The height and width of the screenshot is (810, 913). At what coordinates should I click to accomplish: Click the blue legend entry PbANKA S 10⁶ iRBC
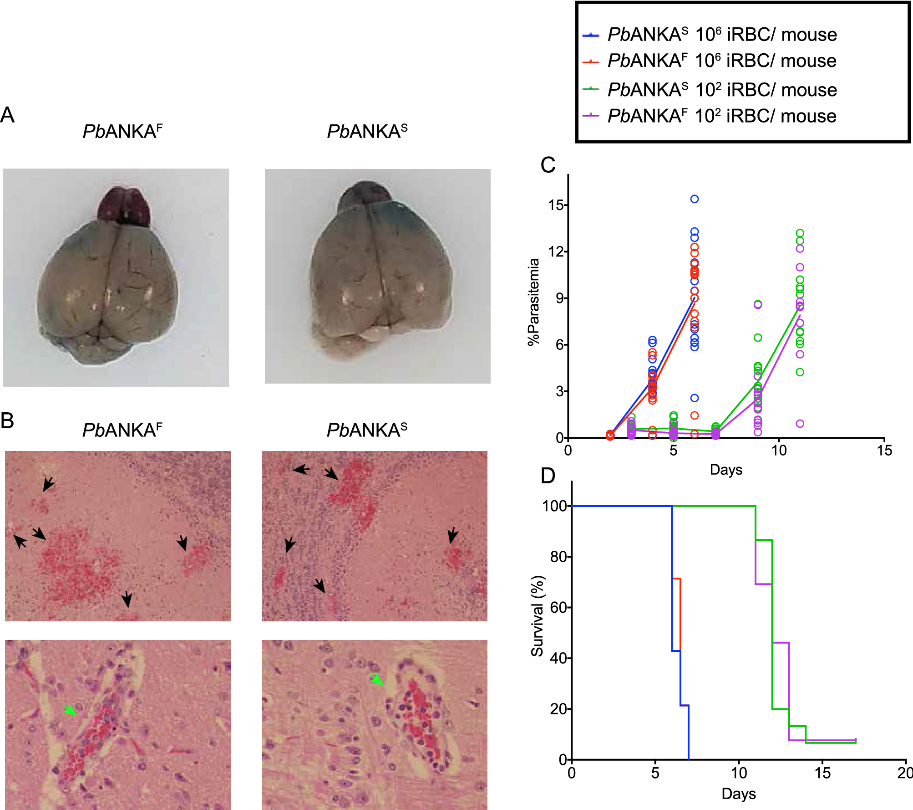[x=722, y=35]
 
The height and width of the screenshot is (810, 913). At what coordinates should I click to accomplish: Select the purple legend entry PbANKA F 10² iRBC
[x=722, y=116]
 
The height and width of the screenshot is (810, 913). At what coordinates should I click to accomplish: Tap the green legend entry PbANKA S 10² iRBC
[x=722, y=90]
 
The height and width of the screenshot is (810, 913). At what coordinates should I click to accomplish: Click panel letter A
[x=7, y=115]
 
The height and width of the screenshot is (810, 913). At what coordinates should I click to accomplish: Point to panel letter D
[x=548, y=476]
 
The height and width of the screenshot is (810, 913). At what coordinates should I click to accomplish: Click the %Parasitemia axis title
[x=533, y=302]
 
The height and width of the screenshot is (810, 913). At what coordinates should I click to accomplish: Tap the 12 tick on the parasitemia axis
[x=556, y=251]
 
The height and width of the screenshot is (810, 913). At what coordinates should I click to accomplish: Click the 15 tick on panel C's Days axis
[x=884, y=451]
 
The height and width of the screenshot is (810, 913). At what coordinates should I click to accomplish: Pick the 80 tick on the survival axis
[x=558, y=557]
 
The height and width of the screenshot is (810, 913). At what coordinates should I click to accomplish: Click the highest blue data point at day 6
[x=695, y=199]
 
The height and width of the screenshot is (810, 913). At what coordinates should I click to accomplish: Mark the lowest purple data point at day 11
[x=800, y=424]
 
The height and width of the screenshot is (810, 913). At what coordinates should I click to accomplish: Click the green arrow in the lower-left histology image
[x=70, y=709]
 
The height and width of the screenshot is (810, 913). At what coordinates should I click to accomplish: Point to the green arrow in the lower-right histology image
[x=376, y=679]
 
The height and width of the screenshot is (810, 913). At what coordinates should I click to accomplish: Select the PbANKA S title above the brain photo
[x=367, y=132]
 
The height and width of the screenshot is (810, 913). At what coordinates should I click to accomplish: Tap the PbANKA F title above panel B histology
[x=122, y=430]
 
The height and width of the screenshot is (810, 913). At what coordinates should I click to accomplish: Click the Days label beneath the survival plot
[x=738, y=794]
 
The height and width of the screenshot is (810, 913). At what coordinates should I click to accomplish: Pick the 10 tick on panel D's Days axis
[x=739, y=773]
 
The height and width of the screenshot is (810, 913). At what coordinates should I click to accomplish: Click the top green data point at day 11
[x=800, y=233]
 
